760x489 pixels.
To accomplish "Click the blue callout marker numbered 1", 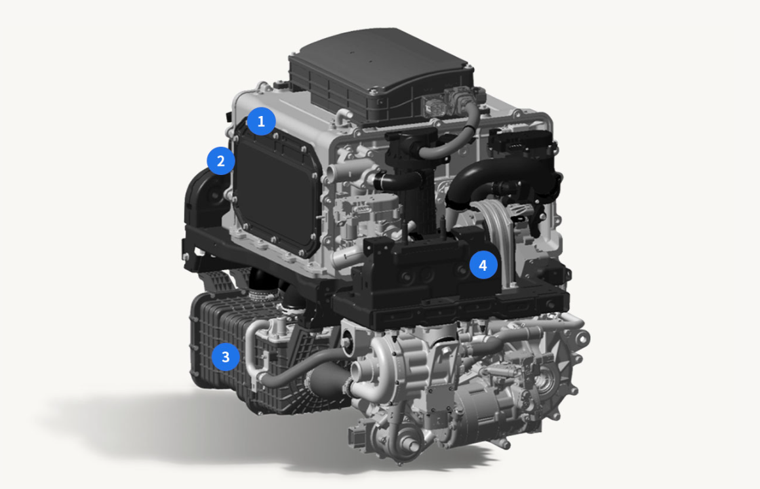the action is point(261,121).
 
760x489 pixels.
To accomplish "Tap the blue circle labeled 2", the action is point(221,161).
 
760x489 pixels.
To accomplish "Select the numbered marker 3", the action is point(226,357).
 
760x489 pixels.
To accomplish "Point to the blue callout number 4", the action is point(483,265).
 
